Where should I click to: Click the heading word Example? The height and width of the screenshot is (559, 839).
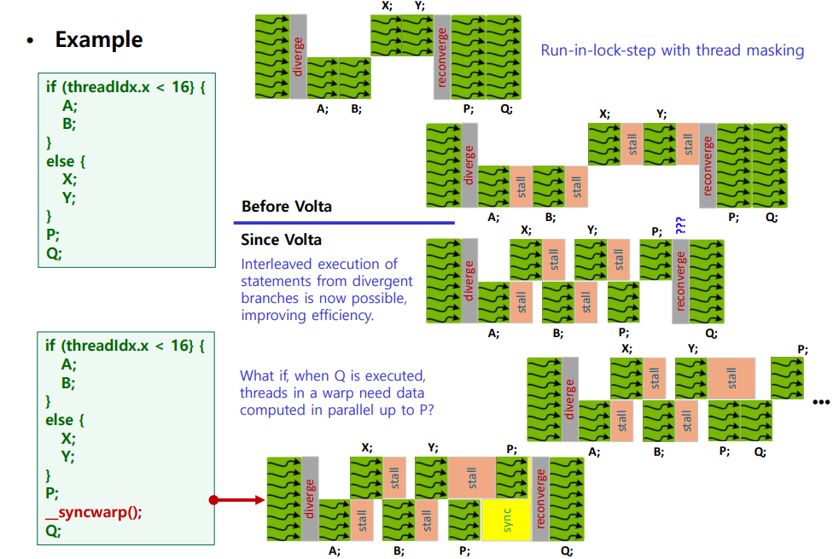[98, 39]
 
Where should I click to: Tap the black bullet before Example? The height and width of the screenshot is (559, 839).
[32, 41]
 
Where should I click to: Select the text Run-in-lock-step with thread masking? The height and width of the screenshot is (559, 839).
[672, 50]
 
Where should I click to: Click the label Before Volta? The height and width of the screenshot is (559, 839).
[286, 207]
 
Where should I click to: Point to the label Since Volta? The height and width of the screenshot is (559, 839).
[282, 241]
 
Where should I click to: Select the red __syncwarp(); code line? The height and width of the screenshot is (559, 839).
[94, 511]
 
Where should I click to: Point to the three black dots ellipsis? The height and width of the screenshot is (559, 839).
[821, 402]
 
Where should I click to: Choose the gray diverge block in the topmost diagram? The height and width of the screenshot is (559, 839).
[298, 56]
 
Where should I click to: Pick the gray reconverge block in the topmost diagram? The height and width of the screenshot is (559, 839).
[442, 56]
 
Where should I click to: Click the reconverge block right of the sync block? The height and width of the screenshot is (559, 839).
[539, 498]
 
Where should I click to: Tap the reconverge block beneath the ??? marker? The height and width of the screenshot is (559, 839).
[680, 282]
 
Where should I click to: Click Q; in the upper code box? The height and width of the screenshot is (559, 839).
[55, 253]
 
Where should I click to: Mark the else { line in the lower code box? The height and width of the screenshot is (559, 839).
[66, 420]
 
